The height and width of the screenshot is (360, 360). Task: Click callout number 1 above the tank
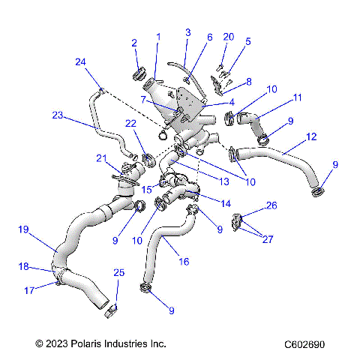[158, 36]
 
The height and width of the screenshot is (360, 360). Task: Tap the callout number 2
[134, 43]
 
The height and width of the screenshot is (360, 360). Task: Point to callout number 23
[58, 115]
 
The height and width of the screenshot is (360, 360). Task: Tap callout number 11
[297, 97]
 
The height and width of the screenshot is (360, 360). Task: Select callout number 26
[271, 205]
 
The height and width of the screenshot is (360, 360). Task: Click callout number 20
[229, 37]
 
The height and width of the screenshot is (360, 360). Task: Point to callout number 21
[101, 158]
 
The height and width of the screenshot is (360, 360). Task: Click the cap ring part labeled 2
[139, 73]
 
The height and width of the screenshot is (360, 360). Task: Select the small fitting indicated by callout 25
[112, 307]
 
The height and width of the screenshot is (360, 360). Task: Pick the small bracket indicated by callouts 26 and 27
[237, 223]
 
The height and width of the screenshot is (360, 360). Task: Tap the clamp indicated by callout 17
[57, 283]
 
